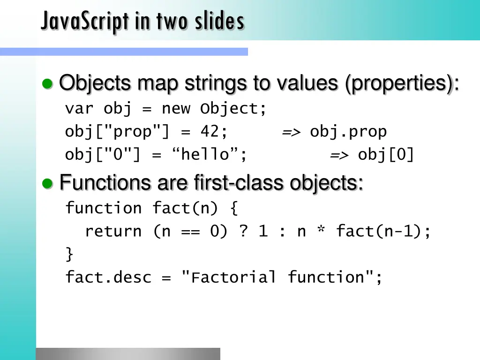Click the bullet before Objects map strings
[x=47, y=84]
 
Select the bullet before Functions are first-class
[x=47, y=183]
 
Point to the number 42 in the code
[x=210, y=132]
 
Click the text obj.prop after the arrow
[x=348, y=132]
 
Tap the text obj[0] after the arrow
[x=386, y=155]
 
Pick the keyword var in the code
[x=79, y=109]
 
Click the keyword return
[x=113, y=232]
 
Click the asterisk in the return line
[x=321, y=232]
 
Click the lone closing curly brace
[x=69, y=255]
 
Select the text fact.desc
[x=108, y=277]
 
